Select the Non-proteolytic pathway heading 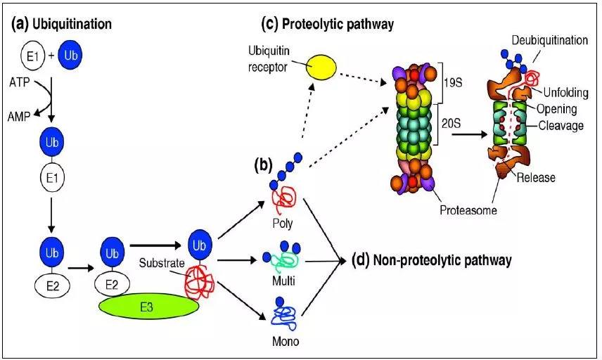pos(430,261)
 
